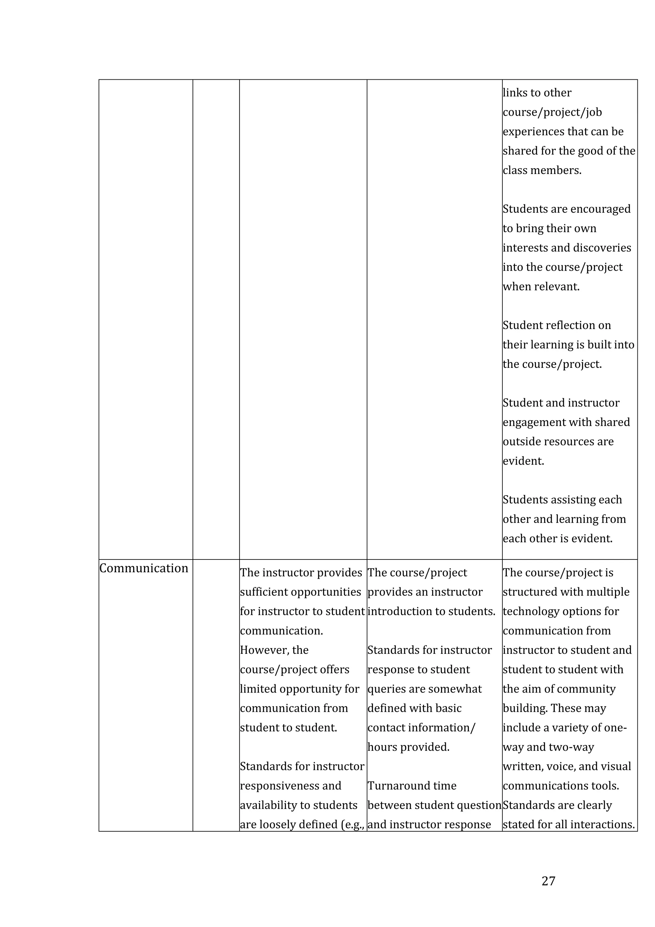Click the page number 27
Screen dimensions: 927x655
(548, 881)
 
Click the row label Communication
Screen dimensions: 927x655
(144, 568)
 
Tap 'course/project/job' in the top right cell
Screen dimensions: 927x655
(552, 112)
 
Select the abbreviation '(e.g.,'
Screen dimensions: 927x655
(353, 824)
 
